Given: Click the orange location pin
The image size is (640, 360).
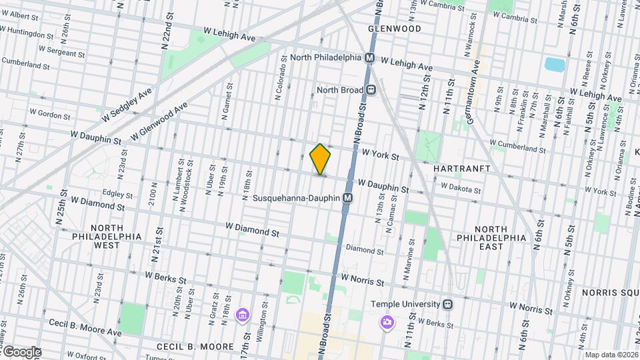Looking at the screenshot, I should pos(321,159).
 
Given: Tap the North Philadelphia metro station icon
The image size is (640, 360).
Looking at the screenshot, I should pos(369,58).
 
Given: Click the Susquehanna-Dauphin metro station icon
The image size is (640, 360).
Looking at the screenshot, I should pos(347,198).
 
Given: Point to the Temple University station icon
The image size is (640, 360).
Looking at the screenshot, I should pos(449,304).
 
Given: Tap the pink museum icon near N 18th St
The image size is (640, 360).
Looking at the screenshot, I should pos(242,315).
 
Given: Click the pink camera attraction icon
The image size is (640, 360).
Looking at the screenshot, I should pos(387,323).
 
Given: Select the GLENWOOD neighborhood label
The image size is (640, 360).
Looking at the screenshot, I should pos(395,29).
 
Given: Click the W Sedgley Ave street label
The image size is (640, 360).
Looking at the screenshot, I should pos(127,105).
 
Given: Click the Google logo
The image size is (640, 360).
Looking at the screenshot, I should pos(21,352).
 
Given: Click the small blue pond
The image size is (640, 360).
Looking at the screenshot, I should pos(555,64).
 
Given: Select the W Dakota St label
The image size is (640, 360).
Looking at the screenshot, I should pos(460,189).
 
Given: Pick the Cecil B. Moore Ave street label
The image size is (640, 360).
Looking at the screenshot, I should pos(85,327).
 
